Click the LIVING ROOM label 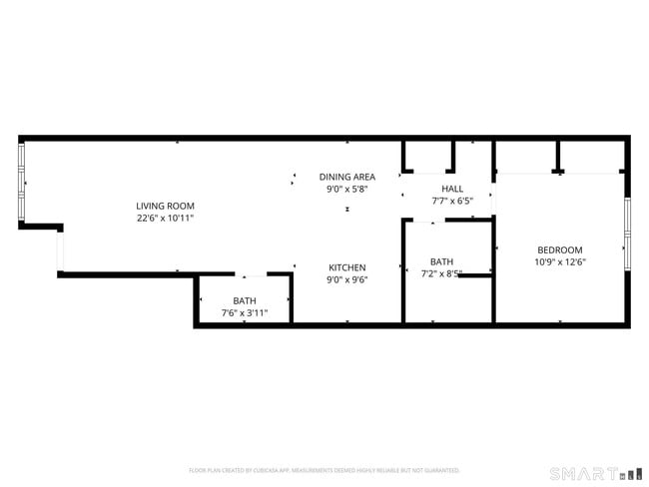point(165,206)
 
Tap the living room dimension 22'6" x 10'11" point(165,217)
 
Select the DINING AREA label point(346,177)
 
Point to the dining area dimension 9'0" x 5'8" point(346,188)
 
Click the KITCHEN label point(347,267)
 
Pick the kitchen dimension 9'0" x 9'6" point(347,279)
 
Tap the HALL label point(452,189)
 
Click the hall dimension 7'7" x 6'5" point(452,200)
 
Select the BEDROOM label point(559,250)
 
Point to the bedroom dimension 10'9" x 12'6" point(559,262)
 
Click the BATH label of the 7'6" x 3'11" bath point(244,300)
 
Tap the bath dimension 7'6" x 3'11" point(244,312)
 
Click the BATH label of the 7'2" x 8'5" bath point(441,261)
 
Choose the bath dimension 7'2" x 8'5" point(441,273)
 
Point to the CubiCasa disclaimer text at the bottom point(324,470)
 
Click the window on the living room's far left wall point(21,183)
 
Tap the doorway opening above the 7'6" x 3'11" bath point(251,274)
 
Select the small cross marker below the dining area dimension point(346,210)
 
